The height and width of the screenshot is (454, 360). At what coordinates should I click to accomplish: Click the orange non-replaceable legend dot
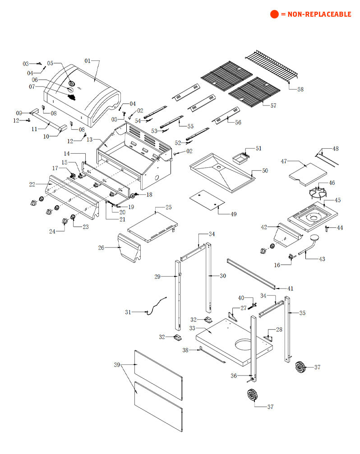(274, 14)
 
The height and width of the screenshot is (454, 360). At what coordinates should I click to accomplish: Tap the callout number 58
(300, 89)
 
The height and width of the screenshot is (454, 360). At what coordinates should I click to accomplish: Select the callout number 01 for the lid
(88, 60)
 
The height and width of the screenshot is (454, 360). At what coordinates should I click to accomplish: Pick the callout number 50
(265, 170)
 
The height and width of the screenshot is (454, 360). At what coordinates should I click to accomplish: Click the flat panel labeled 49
(206, 199)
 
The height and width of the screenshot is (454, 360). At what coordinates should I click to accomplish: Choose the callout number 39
(117, 365)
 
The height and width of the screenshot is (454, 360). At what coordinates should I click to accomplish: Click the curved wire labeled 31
(156, 304)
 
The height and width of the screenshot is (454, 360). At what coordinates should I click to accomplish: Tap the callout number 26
(101, 248)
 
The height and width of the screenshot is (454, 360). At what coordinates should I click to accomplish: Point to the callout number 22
(32, 184)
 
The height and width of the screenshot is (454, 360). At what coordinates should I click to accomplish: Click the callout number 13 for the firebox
(89, 140)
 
